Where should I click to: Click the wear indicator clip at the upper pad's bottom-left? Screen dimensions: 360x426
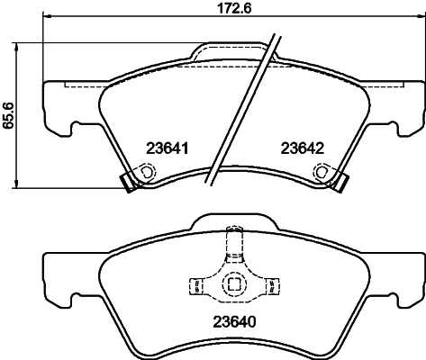click(x=128, y=181)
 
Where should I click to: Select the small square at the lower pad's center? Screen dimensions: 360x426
click(x=233, y=283)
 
